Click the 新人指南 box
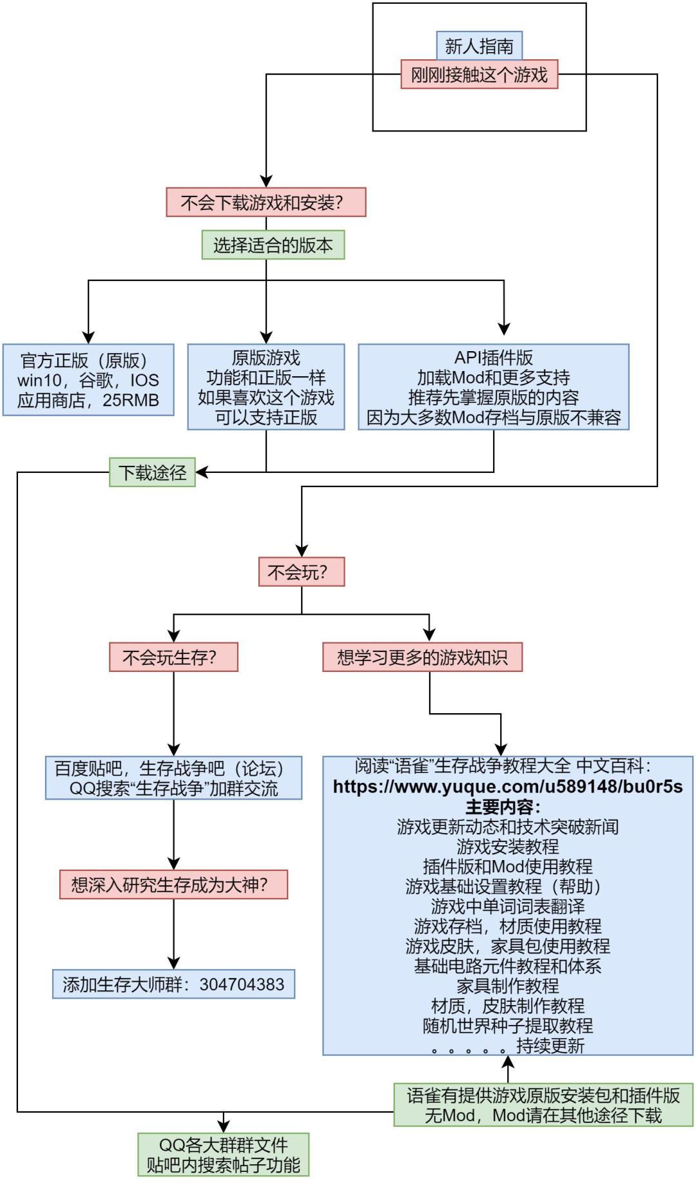pos(479,46)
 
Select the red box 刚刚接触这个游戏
pos(479,75)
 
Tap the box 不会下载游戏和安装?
pos(266,203)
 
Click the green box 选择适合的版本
pos(273,245)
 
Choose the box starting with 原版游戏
pos(266,387)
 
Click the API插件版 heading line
pos(493,358)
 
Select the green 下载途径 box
pos(152,473)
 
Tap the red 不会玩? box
pos(301,572)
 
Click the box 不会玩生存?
pos(173,657)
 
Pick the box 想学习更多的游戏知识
pos(422,657)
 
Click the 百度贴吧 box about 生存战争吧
pos(173,778)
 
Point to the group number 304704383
pos(242,984)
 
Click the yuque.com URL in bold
pos(507,787)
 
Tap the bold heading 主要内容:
pos(503,807)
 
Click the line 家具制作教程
pos(507,986)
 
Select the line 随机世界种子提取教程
pos(507,1026)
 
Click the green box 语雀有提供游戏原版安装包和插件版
pos(543,1105)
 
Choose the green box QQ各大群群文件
pos(223,1155)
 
